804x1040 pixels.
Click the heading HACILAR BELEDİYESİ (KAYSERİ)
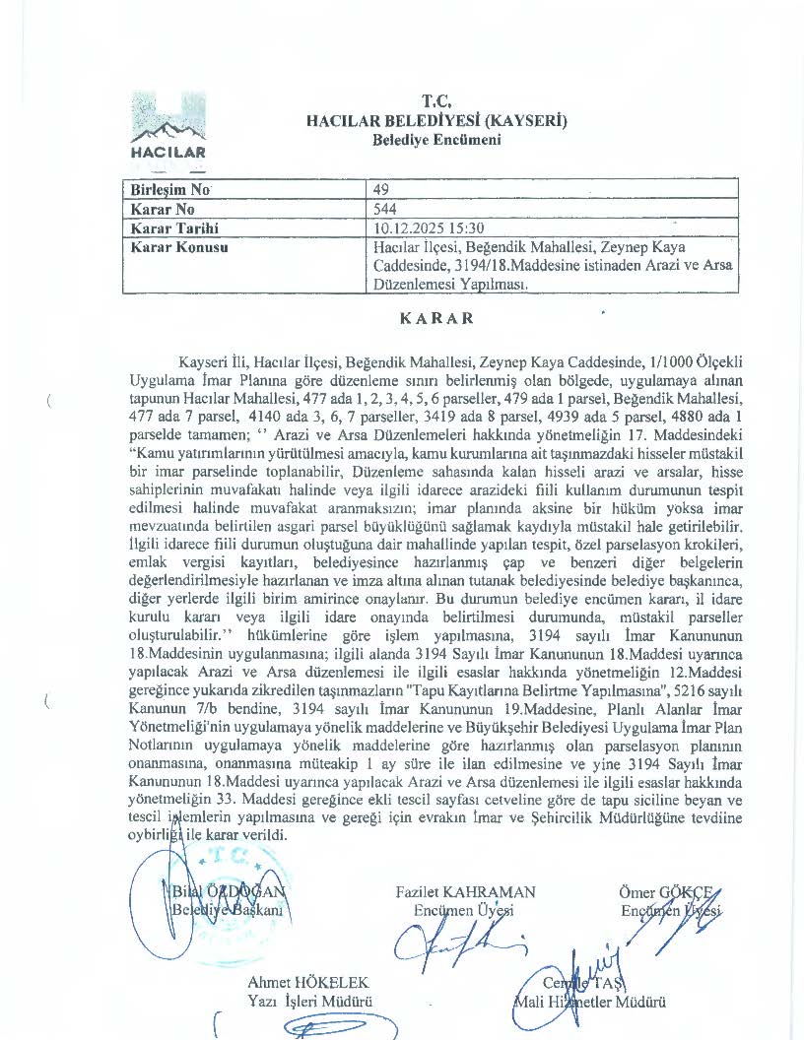point(436,120)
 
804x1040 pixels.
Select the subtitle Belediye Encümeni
point(436,139)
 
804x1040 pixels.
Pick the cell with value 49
point(383,189)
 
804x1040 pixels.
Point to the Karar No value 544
point(385,209)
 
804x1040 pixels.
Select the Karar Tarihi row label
point(174,228)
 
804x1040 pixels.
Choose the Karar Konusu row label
point(179,247)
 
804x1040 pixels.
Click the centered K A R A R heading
point(436,319)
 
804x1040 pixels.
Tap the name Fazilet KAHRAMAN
point(465,892)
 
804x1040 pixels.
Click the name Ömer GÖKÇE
point(664,892)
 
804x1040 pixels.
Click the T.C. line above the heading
point(436,101)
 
